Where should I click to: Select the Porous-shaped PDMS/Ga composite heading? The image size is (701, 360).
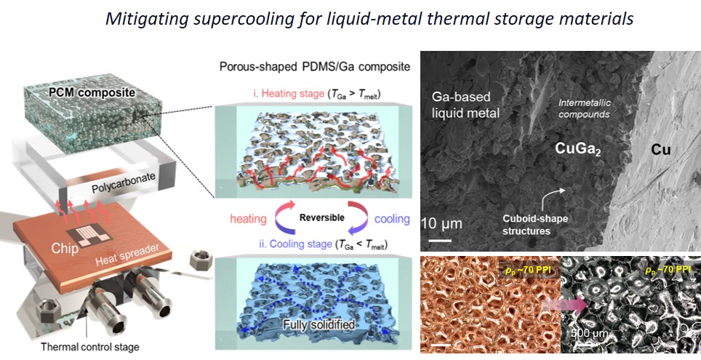[314, 68]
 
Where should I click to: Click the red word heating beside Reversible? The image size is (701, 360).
[248, 219]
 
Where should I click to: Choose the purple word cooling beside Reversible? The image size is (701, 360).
[392, 219]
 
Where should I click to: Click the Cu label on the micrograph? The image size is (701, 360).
[661, 151]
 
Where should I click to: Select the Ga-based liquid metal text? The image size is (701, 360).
[465, 105]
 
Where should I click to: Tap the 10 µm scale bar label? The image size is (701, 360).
[441, 223]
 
